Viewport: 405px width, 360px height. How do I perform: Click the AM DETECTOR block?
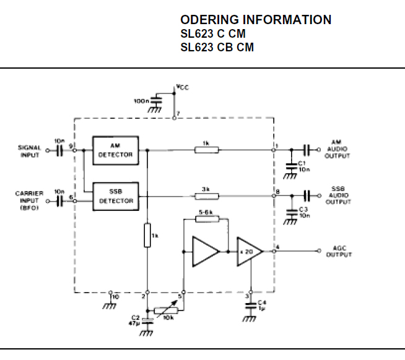115,150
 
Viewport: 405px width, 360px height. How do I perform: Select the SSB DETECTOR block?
115,196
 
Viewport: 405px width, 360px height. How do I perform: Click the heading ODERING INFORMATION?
255,20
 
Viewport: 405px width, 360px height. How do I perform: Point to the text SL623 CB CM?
217,48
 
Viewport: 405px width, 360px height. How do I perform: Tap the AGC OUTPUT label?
339,252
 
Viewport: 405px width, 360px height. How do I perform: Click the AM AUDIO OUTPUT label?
337,149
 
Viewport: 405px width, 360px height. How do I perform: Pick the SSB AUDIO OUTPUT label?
337,195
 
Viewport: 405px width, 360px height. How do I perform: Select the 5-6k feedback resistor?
206,219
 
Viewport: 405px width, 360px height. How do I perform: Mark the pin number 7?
178,114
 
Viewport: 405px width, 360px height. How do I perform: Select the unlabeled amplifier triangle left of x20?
204,251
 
